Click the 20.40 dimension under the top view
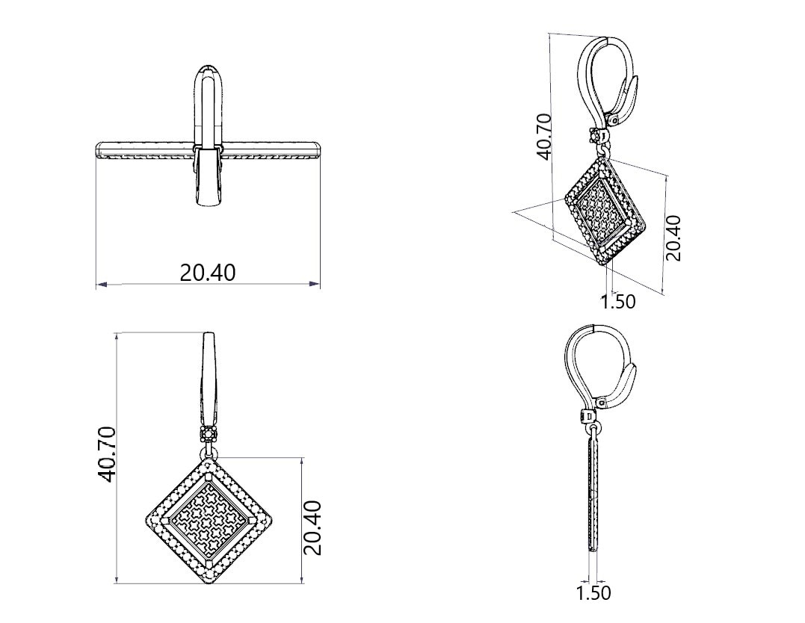[207, 273]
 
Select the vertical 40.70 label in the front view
[108, 454]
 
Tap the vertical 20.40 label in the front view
[312, 527]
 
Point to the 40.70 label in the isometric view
[543, 136]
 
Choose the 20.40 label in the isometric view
[673, 238]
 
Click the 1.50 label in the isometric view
[618, 301]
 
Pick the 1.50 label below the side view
[593, 592]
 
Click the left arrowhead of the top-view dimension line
[102, 284]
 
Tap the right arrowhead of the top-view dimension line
[314, 283]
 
